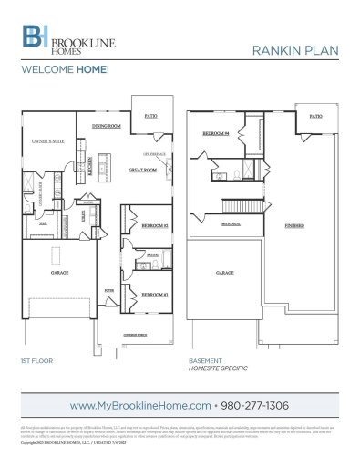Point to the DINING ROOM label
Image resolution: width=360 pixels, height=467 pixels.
[x=107, y=126]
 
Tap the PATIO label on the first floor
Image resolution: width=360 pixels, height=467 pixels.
[x=150, y=116]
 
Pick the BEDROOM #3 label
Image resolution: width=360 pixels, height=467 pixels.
[x=153, y=295]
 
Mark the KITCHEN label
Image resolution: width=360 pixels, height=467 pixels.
[x=90, y=166]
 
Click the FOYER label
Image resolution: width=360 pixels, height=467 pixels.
[x=109, y=291]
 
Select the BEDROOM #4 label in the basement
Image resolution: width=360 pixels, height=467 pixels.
[x=214, y=133]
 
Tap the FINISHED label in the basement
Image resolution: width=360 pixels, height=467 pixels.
[x=293, y=223]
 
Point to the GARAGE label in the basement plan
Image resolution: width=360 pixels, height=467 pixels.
[x=224, y=273]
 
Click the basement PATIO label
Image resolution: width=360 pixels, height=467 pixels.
[x=314, y=117]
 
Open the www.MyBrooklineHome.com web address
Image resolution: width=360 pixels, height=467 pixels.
[x=139, y=403]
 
